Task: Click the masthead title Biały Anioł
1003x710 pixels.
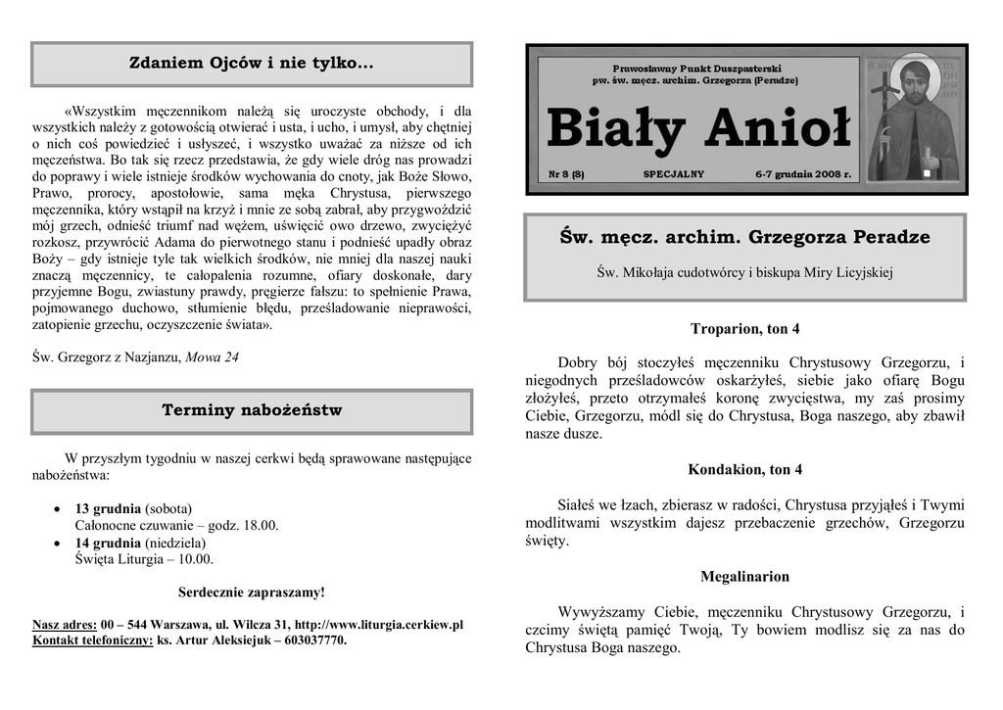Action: click(697, 130)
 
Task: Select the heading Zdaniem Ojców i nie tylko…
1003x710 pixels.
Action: click(252, 64)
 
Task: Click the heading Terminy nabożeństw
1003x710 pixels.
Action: click(252, 410)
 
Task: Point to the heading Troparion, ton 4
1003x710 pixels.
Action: click(744, 329)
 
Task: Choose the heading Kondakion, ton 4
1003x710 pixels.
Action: click(744, 470)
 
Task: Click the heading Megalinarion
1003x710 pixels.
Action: click(744, 577)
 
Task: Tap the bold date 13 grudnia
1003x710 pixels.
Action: click(108, 509)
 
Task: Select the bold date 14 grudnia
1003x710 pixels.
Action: click(108, 544)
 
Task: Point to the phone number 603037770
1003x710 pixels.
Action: click(315, 641)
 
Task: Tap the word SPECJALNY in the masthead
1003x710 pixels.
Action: click(673, 174)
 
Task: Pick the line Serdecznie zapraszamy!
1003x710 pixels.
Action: click(252, 592)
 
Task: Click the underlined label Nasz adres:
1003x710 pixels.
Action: click(64, 625)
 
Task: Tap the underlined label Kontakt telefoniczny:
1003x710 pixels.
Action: click(93, 641)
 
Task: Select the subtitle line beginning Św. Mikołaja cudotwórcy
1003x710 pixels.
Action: click(744, 272)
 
